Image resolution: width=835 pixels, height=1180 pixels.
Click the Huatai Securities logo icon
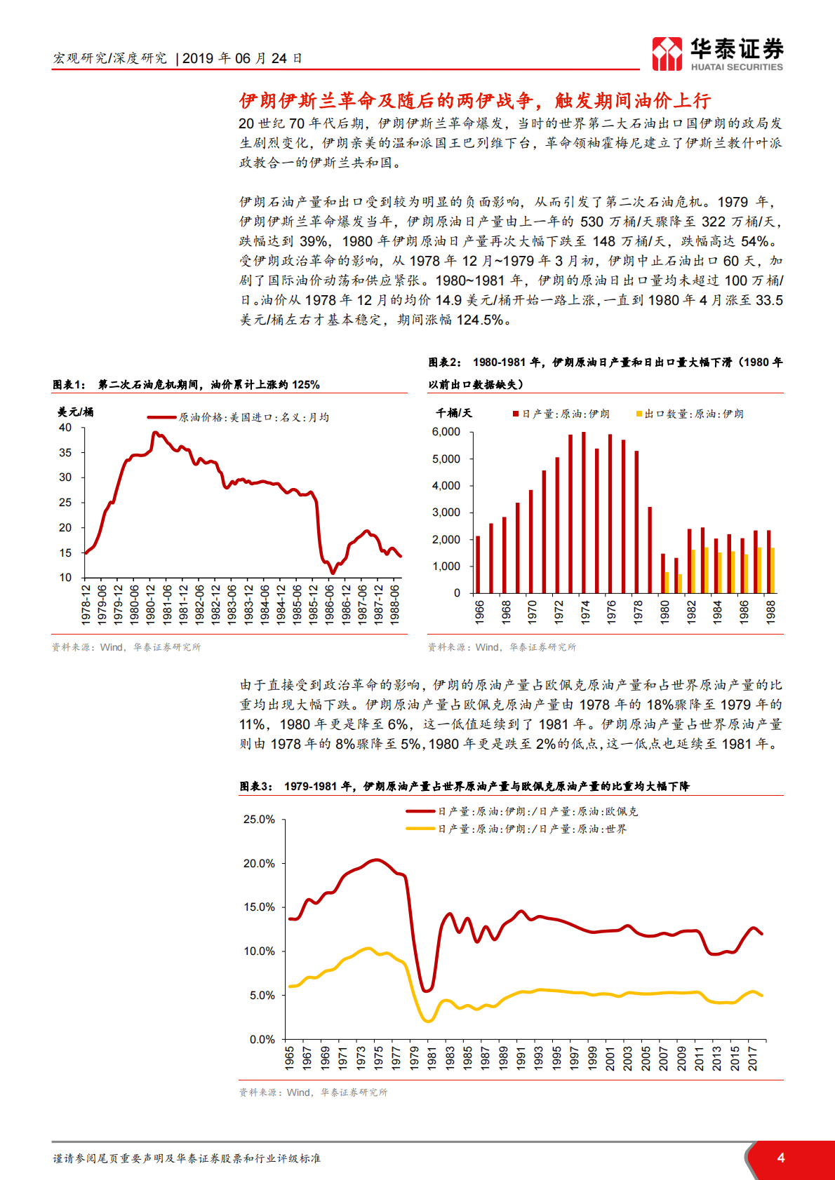coord(667,53)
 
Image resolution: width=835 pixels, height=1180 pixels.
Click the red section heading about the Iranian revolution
coord(474,101)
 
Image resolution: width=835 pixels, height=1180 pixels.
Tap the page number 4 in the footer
coord(781,1158)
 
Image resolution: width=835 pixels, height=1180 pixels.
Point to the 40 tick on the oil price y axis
coord(65,428)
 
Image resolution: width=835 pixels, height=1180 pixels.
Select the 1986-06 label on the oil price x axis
coord(330,604)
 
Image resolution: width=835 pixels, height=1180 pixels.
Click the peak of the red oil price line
coord(155,433)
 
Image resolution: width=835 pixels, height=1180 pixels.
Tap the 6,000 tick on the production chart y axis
coord(446,432)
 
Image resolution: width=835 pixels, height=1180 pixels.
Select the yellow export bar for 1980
coord(667,582)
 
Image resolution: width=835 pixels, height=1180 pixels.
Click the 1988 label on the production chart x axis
coord(770,611)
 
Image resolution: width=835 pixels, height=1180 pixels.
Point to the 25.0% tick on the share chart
coord(259,819)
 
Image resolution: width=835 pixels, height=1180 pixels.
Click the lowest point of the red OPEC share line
coord(426,991)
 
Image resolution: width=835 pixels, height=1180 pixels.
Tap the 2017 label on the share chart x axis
coord(752,1059)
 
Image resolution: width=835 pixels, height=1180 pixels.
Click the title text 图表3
coord(256,786)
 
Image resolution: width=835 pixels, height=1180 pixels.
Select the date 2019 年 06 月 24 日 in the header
coord(242,58)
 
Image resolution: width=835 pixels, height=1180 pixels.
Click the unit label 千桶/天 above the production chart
coord(454,413)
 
